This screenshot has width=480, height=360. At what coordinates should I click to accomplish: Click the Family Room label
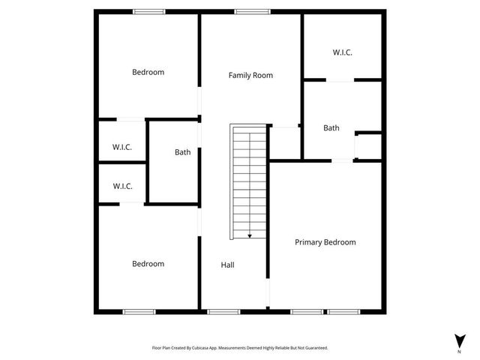[250, 75]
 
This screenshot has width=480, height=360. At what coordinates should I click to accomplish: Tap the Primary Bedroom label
[325, 242]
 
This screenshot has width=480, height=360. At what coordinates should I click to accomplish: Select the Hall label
[228, 265]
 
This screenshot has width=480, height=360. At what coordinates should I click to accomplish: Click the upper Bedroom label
[148, 72]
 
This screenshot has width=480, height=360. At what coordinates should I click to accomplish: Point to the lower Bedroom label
[148, 264]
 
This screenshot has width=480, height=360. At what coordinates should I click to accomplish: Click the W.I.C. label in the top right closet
[342, 52]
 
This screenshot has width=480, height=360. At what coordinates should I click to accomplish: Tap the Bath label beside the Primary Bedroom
[331, 128]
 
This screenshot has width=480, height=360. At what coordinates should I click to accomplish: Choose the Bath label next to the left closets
[182, 152]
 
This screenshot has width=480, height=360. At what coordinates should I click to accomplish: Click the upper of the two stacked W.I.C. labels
[122, 148]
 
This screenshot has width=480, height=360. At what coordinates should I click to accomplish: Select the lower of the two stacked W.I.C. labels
[122, 186]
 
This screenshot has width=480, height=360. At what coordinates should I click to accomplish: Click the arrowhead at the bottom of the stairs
[250, 235]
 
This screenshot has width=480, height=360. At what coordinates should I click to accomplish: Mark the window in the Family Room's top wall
[252, 11]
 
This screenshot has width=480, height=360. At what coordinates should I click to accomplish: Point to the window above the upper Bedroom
[149, 11]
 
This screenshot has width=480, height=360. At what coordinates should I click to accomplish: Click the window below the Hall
[223, 311]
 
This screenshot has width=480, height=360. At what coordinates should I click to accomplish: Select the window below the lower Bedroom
[139, 311]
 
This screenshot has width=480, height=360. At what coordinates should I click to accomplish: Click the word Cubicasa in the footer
[202, 348]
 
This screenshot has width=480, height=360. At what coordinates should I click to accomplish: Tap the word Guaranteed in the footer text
[314, 348]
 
